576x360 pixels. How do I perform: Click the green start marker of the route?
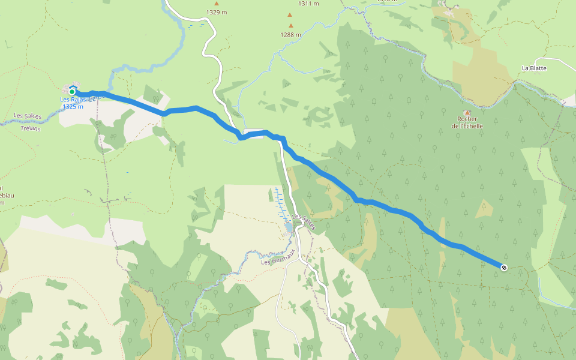[72, 92]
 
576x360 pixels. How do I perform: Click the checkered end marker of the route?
[503, 267]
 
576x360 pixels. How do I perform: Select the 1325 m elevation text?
[73, 106]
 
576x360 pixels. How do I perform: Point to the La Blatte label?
[534, 68]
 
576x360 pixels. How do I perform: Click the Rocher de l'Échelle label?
[467, 122]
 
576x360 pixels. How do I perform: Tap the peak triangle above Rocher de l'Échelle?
[467, 112]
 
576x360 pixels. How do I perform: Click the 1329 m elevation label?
[216, 12]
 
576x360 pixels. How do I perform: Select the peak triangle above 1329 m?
[217, 4]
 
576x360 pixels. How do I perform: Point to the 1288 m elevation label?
[290, 34]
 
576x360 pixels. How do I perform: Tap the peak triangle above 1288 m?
[291, 26]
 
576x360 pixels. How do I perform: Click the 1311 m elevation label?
[308, 4]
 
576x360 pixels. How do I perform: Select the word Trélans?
[29, 128]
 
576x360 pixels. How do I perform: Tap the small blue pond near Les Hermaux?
[289, 227]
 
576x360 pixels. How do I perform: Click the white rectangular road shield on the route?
[254, 134]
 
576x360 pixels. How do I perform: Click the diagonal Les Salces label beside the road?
[303, 221]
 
